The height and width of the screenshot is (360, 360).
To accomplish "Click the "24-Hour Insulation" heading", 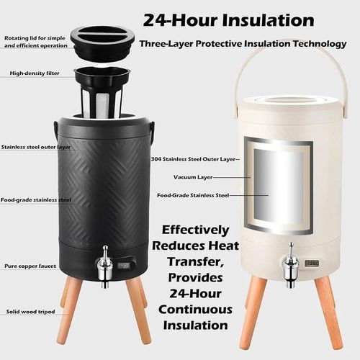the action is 228,20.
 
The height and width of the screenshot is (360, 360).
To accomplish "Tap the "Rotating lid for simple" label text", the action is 35,38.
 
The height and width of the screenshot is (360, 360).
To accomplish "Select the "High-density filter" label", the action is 35,73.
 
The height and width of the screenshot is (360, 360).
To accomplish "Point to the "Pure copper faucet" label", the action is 30,266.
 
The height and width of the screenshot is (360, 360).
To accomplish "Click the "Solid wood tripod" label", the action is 30,312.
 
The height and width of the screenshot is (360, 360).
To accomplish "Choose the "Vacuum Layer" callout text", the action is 193,177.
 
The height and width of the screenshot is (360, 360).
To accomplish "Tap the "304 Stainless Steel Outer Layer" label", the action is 193,159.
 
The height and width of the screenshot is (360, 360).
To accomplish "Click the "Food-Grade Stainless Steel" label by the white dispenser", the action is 193,195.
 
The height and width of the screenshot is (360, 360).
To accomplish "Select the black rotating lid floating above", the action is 102,45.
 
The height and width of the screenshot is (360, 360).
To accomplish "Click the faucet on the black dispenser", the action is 104,266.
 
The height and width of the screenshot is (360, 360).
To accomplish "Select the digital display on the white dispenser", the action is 312,263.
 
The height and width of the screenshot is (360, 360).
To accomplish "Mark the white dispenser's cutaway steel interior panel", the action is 279,186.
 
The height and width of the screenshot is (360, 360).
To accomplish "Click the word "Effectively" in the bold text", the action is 195,230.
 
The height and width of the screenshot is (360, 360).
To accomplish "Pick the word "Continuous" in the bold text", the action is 195,310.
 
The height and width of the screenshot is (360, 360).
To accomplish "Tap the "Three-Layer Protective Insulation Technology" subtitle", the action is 243,44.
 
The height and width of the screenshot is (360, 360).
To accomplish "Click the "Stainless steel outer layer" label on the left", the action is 36,147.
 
